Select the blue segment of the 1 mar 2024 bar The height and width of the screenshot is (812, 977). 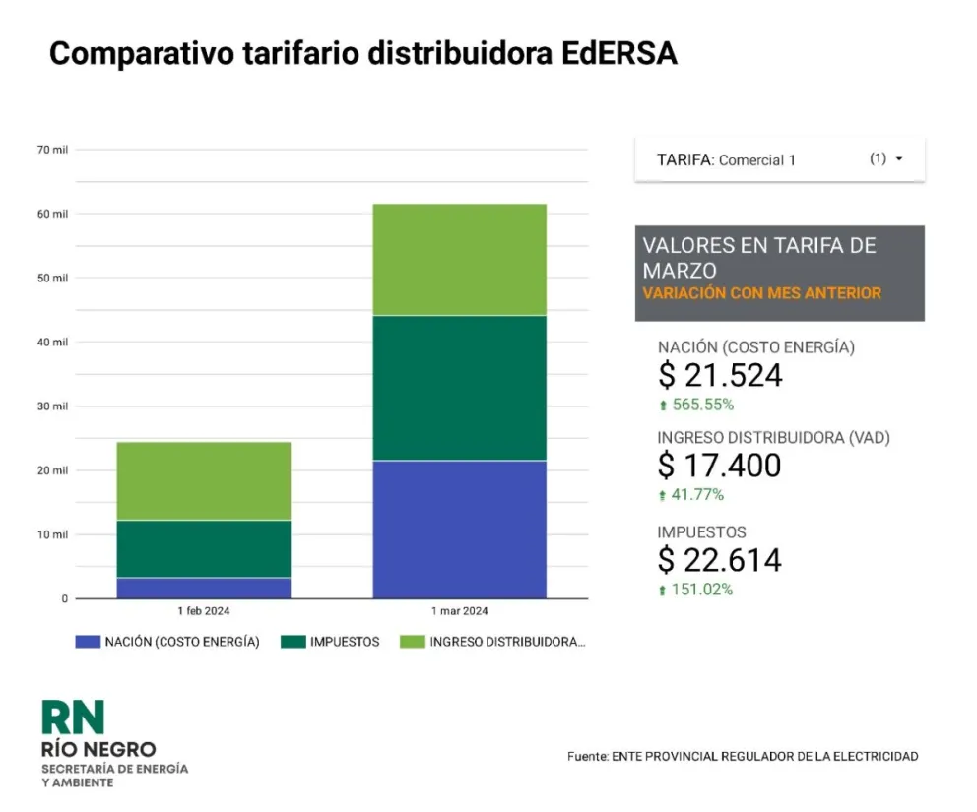[459, 529]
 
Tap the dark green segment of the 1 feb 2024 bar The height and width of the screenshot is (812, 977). [204, 548]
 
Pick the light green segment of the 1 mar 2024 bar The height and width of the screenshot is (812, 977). [459, 259]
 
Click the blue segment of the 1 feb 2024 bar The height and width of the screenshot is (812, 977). [204, 588]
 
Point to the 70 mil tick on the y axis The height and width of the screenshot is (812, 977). [53, 150]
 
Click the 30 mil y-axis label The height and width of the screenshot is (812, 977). [53, 406]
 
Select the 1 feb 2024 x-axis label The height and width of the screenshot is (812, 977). [204, 611]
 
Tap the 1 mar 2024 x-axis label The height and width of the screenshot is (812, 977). [459, 611]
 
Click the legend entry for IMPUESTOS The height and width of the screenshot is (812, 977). [332, 642]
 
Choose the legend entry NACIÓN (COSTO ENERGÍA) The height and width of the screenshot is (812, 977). [168, 642]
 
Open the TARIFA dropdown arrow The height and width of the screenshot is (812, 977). [899, 158]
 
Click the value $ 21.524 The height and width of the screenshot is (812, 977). [720, 375]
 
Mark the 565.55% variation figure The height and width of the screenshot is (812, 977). [701, 405]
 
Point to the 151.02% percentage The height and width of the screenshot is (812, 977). [701, 591]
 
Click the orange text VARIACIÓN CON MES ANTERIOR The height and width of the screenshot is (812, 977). [761, 293]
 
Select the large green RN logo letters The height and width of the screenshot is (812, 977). [72, 718]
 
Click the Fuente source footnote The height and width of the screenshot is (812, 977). [743, 756]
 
